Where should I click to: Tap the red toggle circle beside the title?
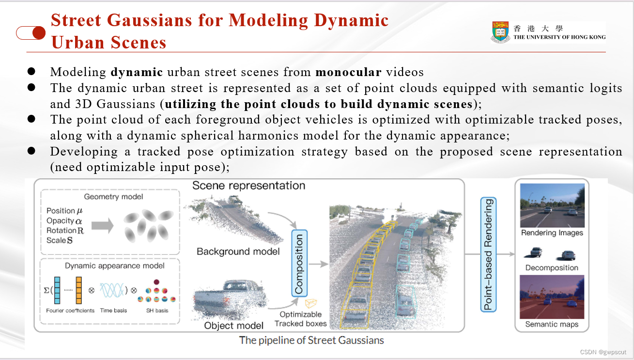coord(39,33)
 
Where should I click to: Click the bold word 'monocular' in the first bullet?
coord(348,72)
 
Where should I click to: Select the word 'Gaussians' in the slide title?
coord(150,20)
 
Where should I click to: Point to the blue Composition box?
coord(299,264)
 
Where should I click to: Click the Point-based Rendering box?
coord(489,254)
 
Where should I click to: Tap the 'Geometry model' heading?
coord(113,197)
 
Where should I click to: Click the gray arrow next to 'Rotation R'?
coord(103,226)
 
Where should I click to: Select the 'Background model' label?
coord(238,251)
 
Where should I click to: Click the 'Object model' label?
coord(233,326)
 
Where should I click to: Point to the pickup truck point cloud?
coord(230,299)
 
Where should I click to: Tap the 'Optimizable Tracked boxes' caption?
coord(301,319)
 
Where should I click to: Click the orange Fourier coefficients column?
coord(78,290)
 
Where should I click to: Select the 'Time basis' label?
coord(113,311)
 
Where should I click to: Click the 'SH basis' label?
coord(157,311)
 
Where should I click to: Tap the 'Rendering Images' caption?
coord(552,233)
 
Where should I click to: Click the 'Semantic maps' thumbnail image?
coord(552,297)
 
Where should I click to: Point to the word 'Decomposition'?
coord(552,267)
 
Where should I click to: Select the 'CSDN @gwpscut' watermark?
coord(603,352)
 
